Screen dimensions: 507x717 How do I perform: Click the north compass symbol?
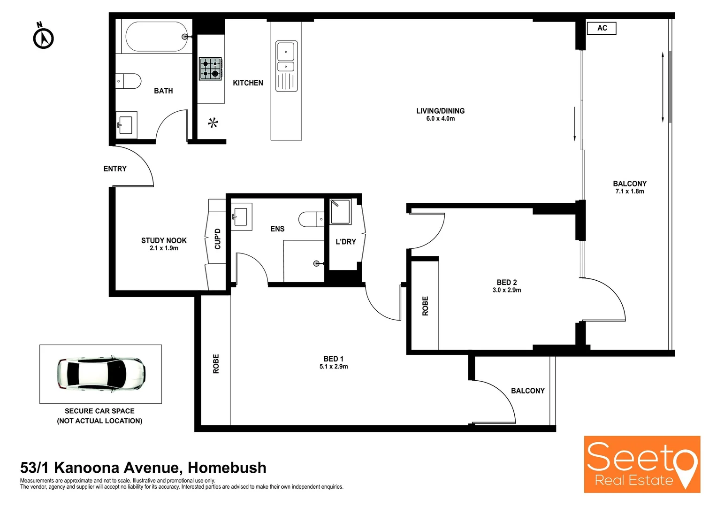tap(43, 38)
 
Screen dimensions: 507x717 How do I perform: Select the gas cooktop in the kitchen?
tap(210, 69)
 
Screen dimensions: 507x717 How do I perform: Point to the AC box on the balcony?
tap(602, 28)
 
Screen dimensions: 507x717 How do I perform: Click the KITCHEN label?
tap(248, 83)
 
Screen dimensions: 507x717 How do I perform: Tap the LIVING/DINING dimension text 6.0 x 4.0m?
tap(440, 119)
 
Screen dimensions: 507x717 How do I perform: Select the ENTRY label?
tap(115, 169)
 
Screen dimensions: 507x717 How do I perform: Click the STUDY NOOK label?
tap(164, 240)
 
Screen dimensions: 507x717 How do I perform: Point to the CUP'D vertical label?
tap(218, 238)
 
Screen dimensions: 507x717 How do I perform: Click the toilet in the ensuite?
tap(311, 219)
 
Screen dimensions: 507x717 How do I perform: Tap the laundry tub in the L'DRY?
tap(340, 212)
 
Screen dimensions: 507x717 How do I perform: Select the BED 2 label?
tap(507, 282)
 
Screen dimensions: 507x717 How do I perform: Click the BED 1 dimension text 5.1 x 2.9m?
tap(334, 367)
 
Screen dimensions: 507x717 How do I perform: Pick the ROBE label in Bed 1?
tap(216, 364)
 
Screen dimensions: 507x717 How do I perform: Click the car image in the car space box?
tap(101, 374)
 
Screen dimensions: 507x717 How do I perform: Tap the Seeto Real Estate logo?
tap(641, 464)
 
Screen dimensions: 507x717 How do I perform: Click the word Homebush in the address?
tap(227, 468)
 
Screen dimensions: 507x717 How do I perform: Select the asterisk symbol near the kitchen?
tap(213, 123)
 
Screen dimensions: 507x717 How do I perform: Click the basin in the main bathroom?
tap(125, 125)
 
